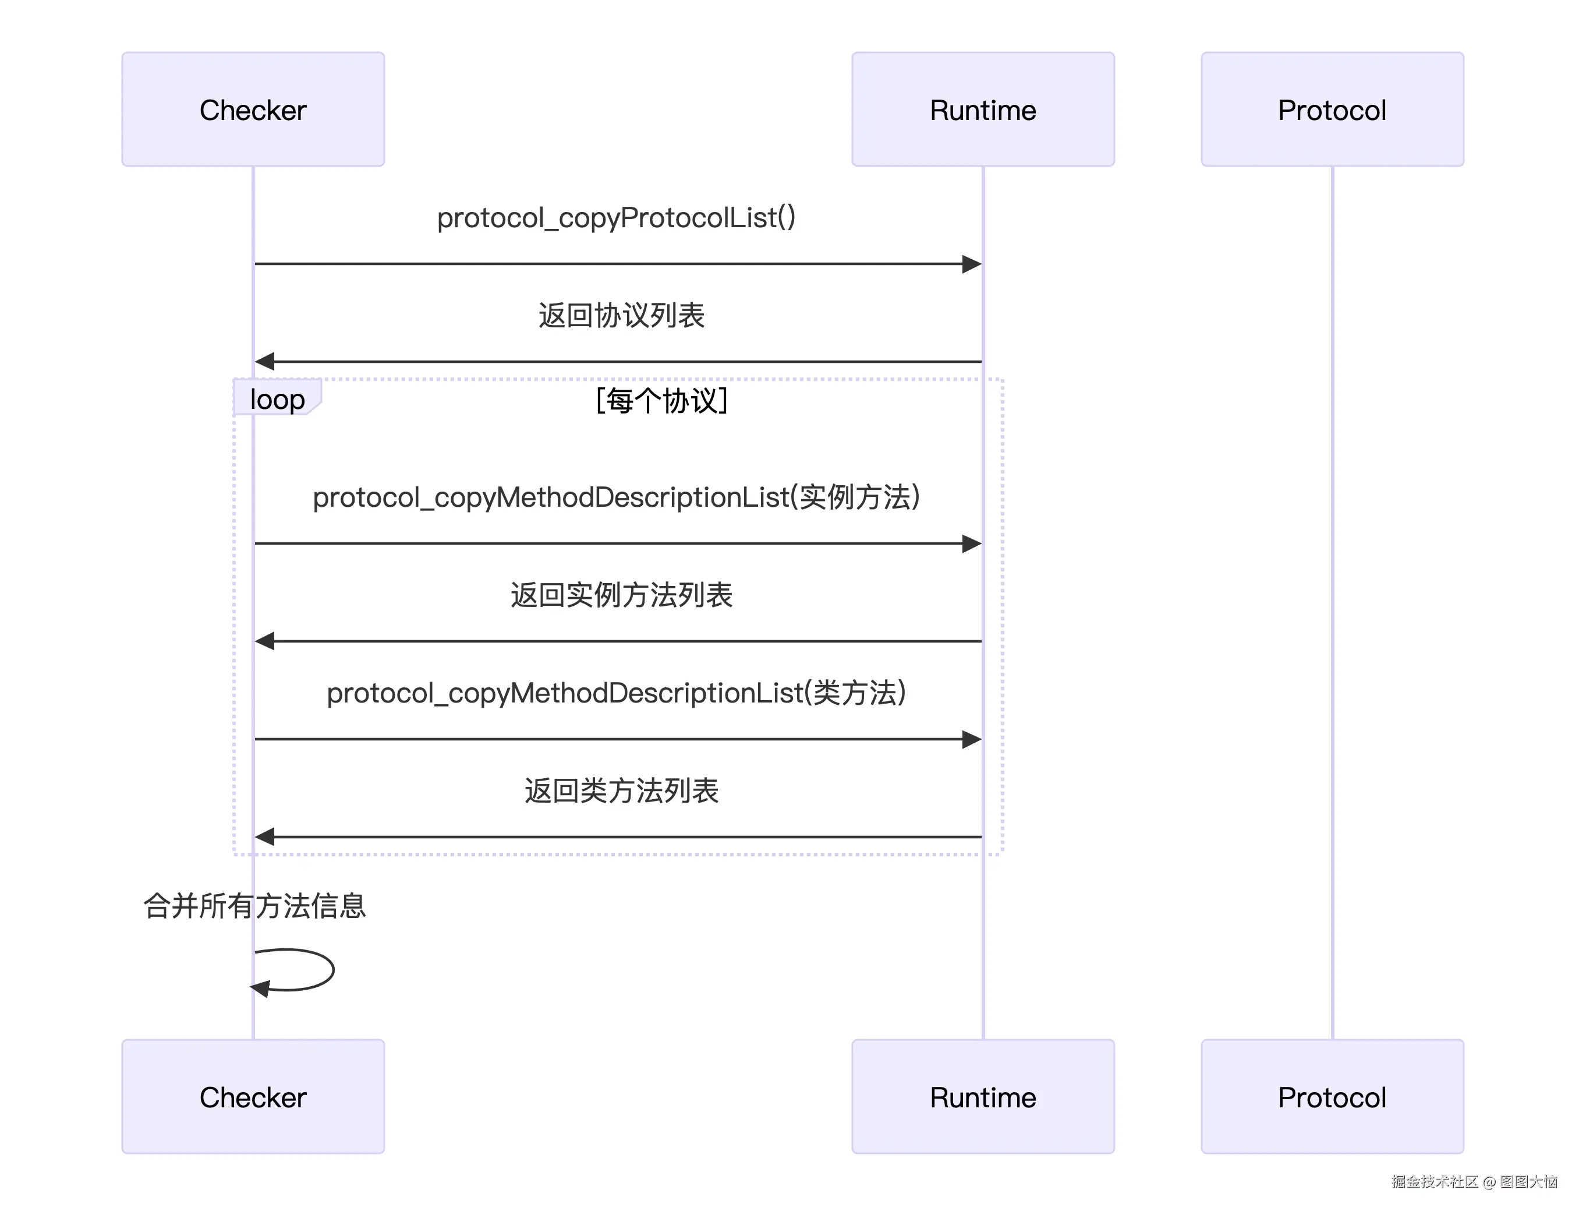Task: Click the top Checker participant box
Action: click(253, 110)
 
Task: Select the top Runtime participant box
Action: click(982, 110)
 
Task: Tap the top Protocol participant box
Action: click(1332, 110)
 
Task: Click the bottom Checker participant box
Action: click(253, 1096)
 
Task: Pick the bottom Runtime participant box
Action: click(982, 1096)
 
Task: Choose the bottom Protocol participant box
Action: click(1332, 1096)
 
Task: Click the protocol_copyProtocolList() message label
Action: click(616, 217)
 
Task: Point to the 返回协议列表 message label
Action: click(621, 315)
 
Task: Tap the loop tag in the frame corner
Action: click(277, 399)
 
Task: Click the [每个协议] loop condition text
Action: click(661, 400)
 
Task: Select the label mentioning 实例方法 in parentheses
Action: click(616, 497)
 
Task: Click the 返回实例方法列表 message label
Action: click(621, 595)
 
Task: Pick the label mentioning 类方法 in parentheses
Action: click(616, 693)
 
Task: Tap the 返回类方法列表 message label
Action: click(621, 790)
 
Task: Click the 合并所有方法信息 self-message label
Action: click(254, 906)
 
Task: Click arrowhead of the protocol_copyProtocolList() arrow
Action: click(972, 264)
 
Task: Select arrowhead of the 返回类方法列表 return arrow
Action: click(265, 836)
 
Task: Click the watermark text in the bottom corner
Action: click(1474, 1182)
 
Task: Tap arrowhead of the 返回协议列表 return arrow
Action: click(265, 361)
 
